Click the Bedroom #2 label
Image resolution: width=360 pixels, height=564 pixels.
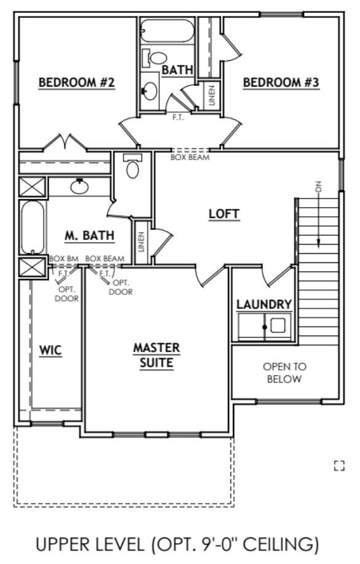[77, 82]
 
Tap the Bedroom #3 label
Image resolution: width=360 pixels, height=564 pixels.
[281, 82]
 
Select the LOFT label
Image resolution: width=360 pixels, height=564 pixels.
[224, 214]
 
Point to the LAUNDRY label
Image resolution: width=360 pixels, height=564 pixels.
[264, 304]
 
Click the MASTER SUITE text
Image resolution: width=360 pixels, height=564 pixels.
[157, 356]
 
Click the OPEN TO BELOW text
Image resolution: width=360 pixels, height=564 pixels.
[284, 373]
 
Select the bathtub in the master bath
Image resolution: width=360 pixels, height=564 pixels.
[32, 227]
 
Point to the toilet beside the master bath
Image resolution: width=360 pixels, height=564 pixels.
[133, 166]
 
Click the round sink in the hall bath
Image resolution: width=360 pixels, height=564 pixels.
[149, 92]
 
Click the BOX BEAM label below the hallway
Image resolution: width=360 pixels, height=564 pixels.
[190, 157]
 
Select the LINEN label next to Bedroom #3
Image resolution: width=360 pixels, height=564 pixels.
[211, 96]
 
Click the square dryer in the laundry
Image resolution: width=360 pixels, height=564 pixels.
[278, 325]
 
